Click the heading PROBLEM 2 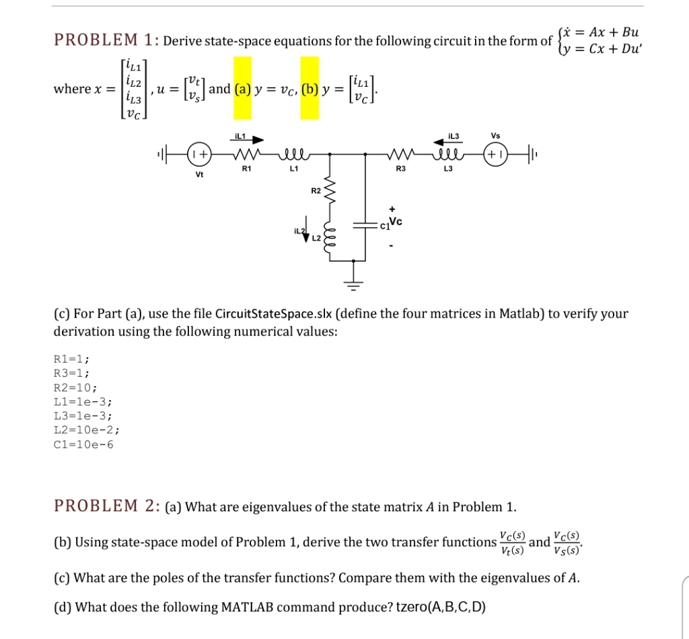coord(104,506)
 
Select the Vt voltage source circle coord(199,153)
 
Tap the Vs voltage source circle coord(496,153)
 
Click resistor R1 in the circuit coord(246,153)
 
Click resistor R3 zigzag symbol coord(401,153)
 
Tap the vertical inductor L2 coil coord(329,235)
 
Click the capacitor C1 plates coord(365,226)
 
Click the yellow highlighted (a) coord(241,89)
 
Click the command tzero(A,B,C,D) coord(439,607)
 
